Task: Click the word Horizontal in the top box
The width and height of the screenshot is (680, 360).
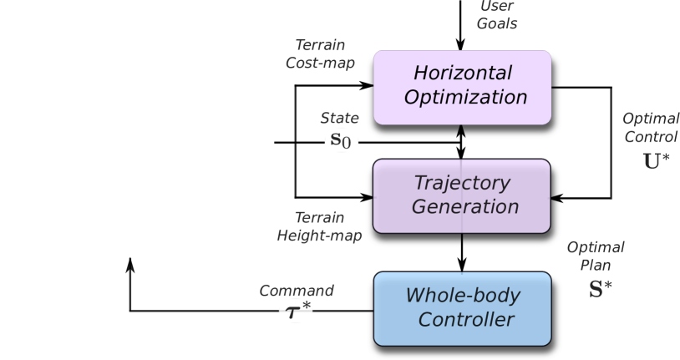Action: [463, 74]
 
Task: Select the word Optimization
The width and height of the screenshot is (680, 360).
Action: [465, 98]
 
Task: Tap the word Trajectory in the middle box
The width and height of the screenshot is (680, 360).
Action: [462, 183]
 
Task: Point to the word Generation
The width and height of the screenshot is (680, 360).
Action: [464, 206]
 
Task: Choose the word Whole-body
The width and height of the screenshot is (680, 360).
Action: [463, 296]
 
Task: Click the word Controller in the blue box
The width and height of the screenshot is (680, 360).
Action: [465, 320]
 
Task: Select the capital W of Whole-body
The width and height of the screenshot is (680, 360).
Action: [415, 296]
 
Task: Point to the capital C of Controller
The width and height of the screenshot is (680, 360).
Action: [425, 320]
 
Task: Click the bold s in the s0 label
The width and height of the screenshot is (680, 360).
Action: [336, 139]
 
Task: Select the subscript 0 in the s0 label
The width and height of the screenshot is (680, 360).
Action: [348, 143]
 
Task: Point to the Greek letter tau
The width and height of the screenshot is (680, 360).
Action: [292, 314]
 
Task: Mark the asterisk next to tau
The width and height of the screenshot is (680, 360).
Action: [306, 307]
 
